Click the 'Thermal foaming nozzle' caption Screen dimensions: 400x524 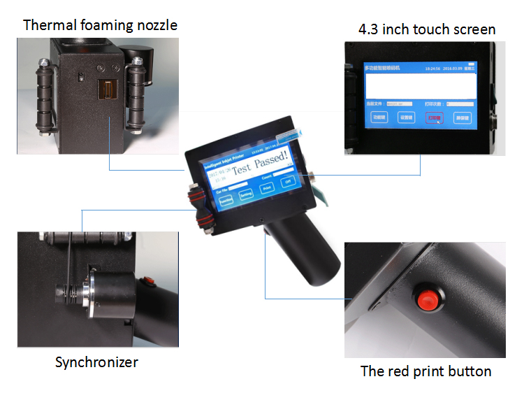100,26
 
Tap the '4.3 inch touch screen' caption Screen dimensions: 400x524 426,29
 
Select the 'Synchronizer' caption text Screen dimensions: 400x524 96,362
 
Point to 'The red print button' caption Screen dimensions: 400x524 425,371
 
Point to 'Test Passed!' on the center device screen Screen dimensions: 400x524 260,164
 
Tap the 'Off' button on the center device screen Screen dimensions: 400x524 286,181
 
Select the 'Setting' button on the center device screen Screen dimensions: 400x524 246,195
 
